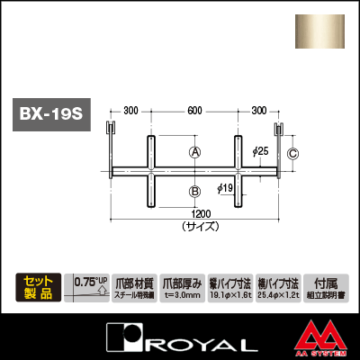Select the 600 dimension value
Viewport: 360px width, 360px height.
(x=194, y=111)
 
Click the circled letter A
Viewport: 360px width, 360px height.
(x=194, y=153)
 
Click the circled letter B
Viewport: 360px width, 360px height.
(x=194, y=191)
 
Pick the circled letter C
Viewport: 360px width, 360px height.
(x=292, y=154)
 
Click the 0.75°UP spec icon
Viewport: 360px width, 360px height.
(x=87, y=287)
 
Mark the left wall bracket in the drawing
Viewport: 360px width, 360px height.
(x=111, y=143)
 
